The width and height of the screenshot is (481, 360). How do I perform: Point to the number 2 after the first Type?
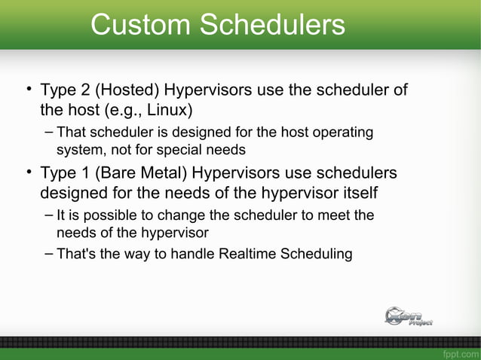point(79,91)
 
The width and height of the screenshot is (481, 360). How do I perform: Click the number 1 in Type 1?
point(79,173)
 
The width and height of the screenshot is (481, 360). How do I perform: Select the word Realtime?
point(247,253)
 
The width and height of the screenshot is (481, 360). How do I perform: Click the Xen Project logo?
point(408,316)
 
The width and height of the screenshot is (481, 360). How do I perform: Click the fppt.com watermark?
point(460,352)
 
